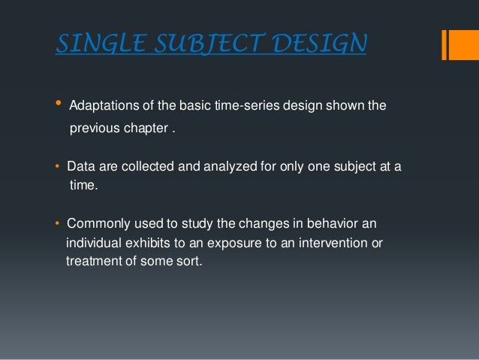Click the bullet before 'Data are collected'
pyautogui.click(x=59, y=165)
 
